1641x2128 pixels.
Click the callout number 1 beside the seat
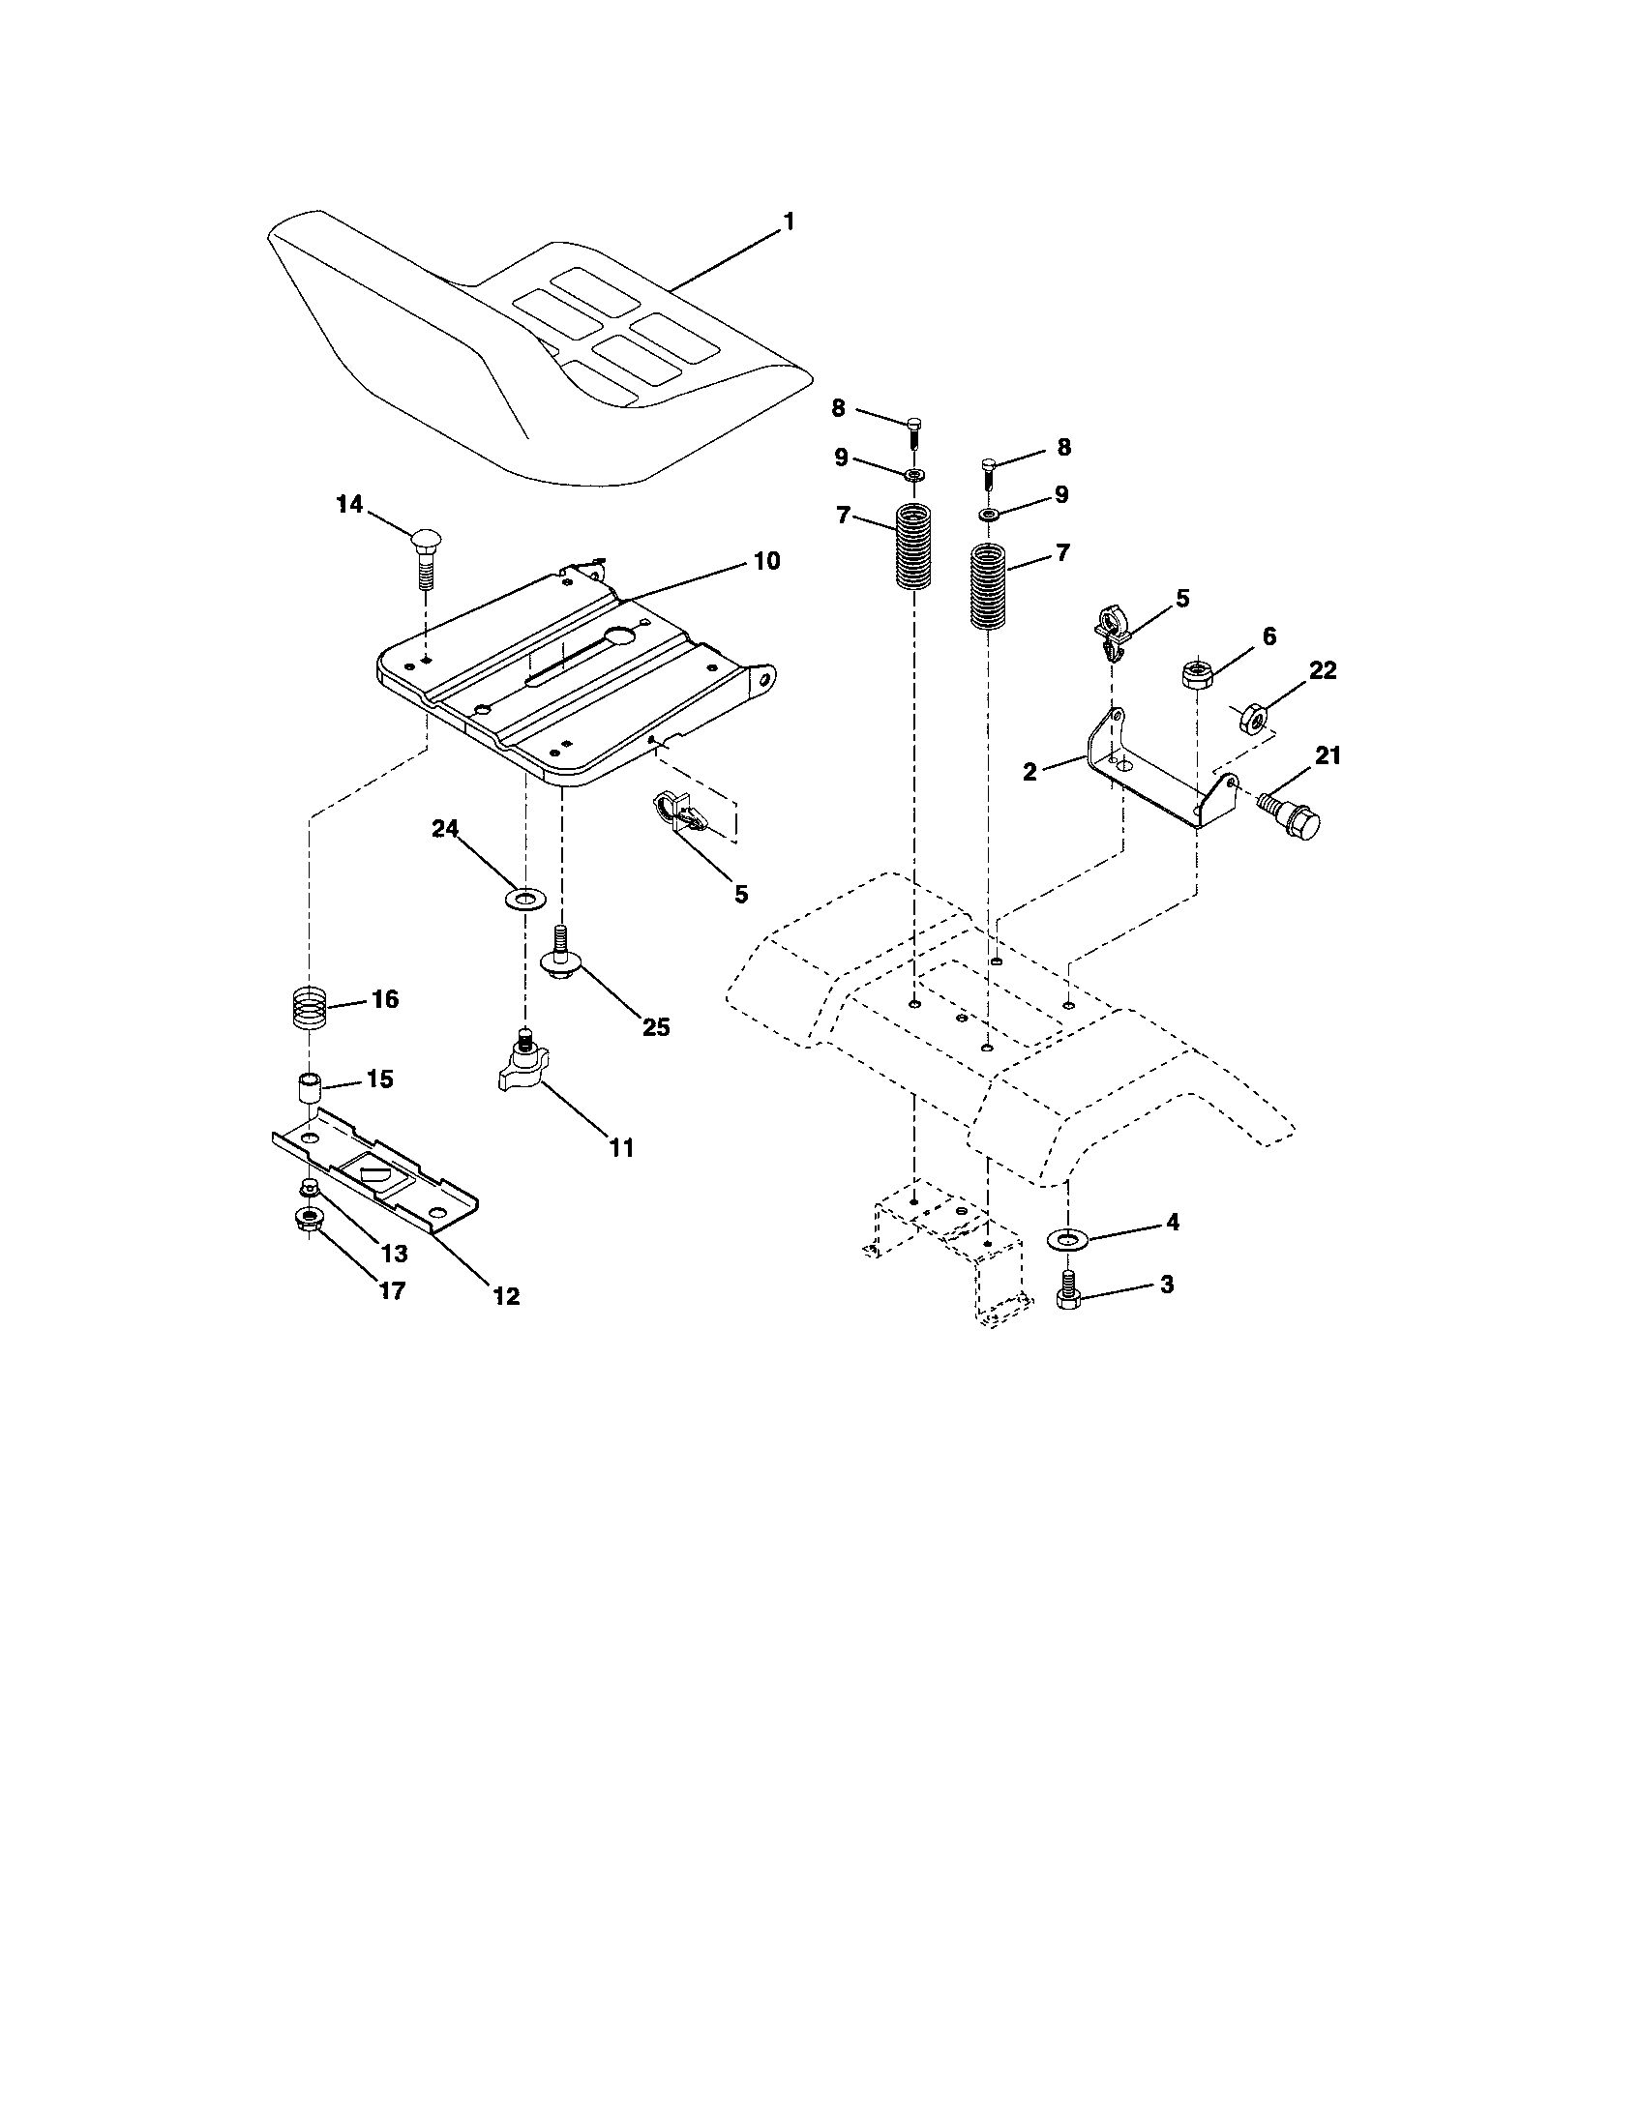789,222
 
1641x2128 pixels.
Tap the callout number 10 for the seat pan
765,561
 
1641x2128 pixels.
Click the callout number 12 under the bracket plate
506,1296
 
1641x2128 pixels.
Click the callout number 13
395,1253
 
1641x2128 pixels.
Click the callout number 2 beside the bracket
1030,771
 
